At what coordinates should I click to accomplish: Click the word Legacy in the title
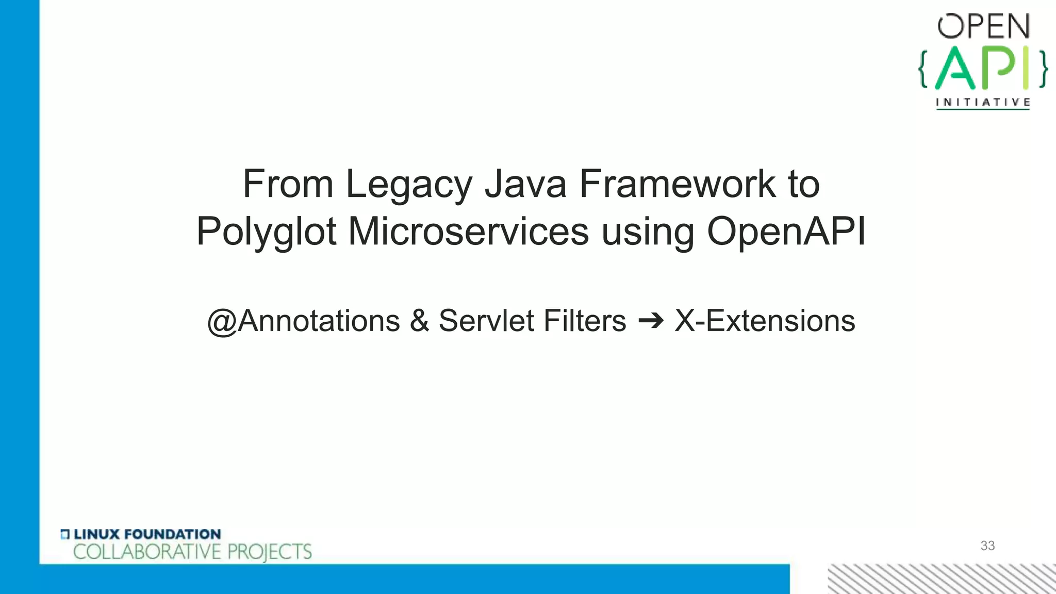point(408,185)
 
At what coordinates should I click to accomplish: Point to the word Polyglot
point(266,232)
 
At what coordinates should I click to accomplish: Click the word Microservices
point(468,231)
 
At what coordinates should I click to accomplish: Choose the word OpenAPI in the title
point(786,231)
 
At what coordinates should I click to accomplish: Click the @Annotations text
point(303,321)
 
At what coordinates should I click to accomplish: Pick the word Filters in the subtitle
point(585,321)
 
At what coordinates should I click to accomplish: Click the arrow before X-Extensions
point(651,321)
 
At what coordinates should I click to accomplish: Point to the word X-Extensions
point(765,321)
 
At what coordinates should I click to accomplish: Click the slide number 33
point(987,546)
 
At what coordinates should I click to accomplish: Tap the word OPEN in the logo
point(983,27)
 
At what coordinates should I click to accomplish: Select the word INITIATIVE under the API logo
point(983,102)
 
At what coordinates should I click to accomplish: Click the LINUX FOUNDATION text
point(147,534)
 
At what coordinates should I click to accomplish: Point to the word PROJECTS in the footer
point(270,552)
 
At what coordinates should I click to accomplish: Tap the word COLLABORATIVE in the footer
point(147,552)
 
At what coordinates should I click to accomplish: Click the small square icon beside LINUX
point(65,534)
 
